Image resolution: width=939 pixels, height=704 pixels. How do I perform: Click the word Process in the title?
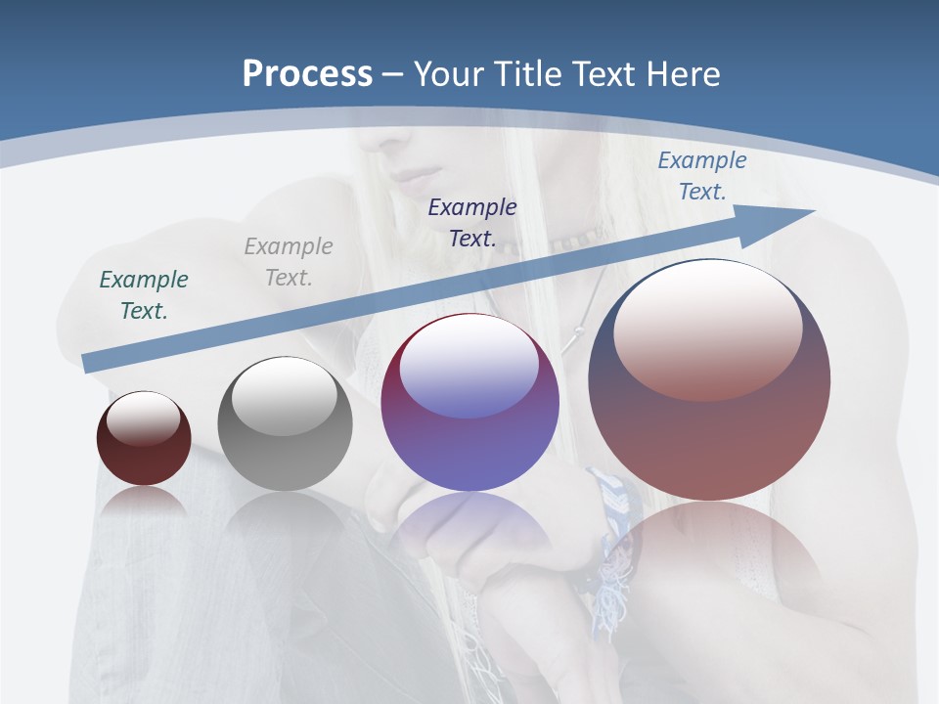tap(307, 74)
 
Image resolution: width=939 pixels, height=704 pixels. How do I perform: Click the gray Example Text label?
tap(289, 262)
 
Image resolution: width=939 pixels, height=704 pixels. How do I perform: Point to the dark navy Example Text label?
tap(472, 222)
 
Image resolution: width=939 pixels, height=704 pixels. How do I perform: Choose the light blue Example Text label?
tap(701, 176)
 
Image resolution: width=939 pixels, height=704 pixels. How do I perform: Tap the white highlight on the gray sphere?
tap(285, 396)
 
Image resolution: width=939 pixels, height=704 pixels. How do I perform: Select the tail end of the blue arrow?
tap(90, 363)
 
